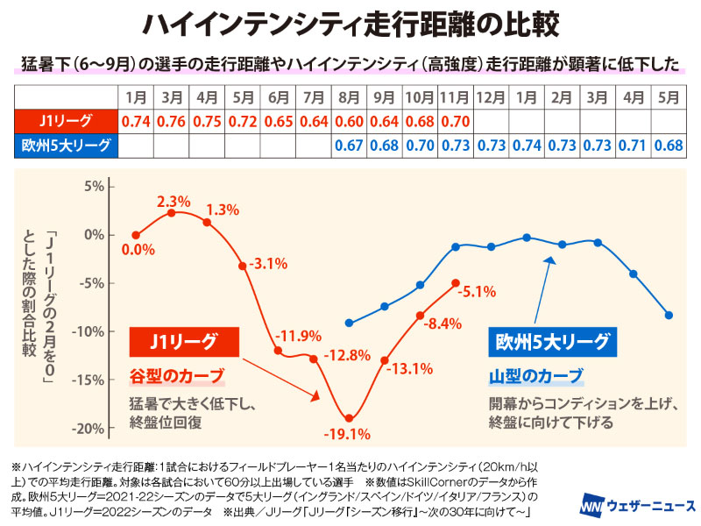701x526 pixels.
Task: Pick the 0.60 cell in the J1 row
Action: pos(349,121)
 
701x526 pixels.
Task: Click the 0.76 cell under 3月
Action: pos(172,121)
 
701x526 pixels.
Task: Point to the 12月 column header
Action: pos(491,96)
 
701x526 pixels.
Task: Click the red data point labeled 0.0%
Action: pos(136,235)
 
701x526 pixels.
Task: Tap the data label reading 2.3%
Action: pos(173,202)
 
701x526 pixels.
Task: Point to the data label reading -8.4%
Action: pos(443,323)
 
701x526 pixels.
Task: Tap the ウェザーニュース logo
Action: pos(637,506)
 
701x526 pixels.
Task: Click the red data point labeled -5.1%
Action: pos(455,283)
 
